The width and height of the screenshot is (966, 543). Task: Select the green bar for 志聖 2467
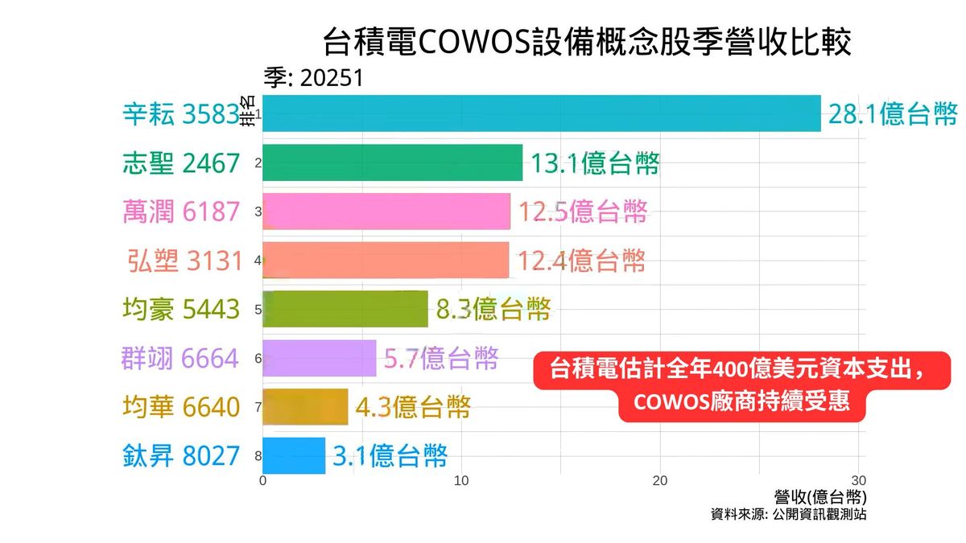393,162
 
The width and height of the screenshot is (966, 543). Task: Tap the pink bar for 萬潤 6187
386,212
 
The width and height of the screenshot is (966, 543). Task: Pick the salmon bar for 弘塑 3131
386,260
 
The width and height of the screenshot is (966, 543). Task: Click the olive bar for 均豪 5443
345,309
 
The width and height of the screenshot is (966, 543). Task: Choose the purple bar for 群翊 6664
320,358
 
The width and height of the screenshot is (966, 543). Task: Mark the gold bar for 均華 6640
305,407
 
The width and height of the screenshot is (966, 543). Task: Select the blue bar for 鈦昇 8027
294,456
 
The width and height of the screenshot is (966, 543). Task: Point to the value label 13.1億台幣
595,163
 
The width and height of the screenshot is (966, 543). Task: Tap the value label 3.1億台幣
390,456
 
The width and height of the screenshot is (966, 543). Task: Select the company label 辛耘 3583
181,114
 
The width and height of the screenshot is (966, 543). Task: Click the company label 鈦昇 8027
181,456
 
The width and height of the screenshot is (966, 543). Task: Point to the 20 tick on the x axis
660,481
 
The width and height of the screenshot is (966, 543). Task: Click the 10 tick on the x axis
461,481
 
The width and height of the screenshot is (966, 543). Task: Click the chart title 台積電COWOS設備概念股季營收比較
587,43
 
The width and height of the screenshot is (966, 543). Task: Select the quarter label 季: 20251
314,78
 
